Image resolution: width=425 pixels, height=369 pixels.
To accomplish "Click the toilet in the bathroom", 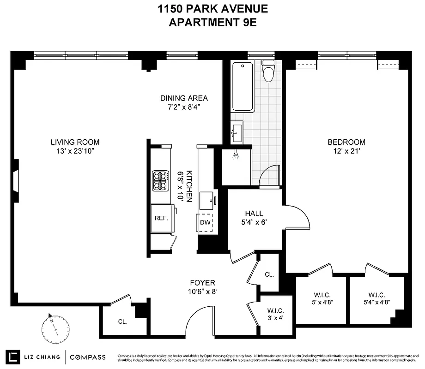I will pos(268,71).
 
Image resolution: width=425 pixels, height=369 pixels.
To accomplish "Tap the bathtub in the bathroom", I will pos(243,86).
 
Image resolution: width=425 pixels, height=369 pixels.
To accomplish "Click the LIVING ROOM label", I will pos(75,142).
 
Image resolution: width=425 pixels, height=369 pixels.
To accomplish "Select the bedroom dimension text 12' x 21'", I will pos(346,150).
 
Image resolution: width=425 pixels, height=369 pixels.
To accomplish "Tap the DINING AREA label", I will pos(184,98).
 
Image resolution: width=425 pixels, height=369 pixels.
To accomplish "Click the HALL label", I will pos(254,214).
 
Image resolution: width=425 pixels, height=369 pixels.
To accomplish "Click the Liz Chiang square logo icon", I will pos(14,357).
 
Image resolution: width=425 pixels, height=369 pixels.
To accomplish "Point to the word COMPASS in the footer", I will pos(88,357).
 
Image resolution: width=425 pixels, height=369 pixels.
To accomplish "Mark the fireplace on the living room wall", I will pos(16,180).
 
